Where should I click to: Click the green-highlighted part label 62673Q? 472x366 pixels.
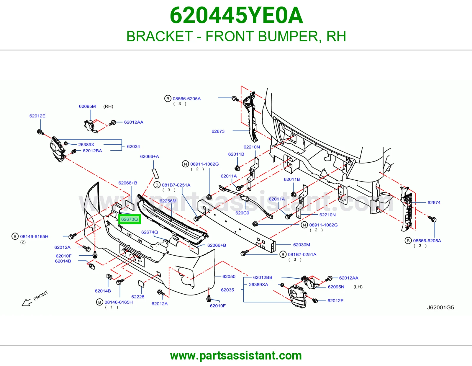tap(130, 219)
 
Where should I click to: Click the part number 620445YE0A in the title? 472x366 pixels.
tap(236, 15)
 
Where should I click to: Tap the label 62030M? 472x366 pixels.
tap(301, 245)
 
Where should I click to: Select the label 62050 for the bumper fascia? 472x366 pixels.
tap(229, 277)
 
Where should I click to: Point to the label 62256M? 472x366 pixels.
tap(168, 201)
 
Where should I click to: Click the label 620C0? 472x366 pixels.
tap(242, 213)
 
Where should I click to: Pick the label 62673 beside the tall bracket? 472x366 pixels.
tap(218, 131)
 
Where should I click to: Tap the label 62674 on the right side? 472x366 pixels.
tap(434, 202)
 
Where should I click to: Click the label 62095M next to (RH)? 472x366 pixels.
tap(87, 106)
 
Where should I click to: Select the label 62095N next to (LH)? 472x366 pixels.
tap(336, 287)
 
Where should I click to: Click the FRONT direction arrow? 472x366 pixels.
tap(27, 302)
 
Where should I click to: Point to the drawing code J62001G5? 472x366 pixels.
tap(440, 308)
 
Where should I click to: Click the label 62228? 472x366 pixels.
tap(138, 297)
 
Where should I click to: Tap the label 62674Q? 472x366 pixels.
tap(150, 232)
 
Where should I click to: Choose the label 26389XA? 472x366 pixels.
tap(258, 285)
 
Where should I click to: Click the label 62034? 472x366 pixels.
tap(133, 146)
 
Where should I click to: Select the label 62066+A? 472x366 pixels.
tap(150, 156)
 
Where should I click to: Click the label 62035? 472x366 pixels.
tap(227, 290)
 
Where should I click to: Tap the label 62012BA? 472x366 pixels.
tap(92, 151)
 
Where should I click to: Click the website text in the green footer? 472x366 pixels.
tap(236, 356)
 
